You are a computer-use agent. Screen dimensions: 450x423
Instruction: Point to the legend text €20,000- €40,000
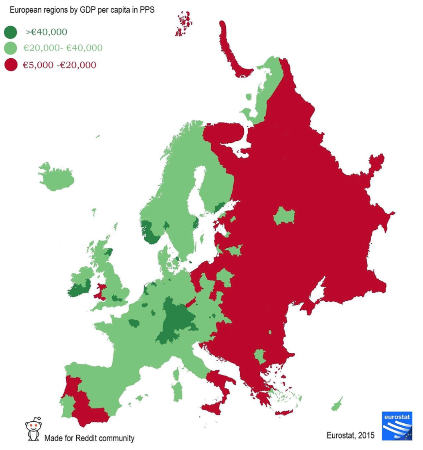tap(63, 48)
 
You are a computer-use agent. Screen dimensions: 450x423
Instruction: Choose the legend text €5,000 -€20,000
tap(59, 65)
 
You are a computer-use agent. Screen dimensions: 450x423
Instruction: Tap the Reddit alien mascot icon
tap(33, 429)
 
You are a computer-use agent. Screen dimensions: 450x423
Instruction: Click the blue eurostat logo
tap(397, 426)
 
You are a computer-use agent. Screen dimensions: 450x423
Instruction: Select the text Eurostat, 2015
tap(350, 435)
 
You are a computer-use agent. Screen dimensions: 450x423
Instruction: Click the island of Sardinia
tap(178, 392)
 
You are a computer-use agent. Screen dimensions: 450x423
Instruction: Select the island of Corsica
tap(176, 374)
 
